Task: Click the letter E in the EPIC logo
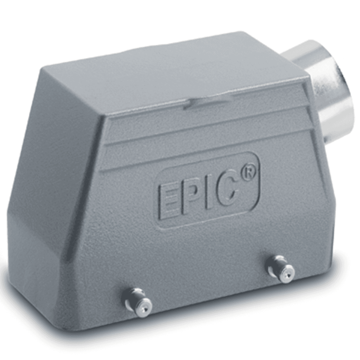pyautogui.click(x=169, y=200)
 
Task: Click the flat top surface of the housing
pyautogui.click(x=173, y=72)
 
